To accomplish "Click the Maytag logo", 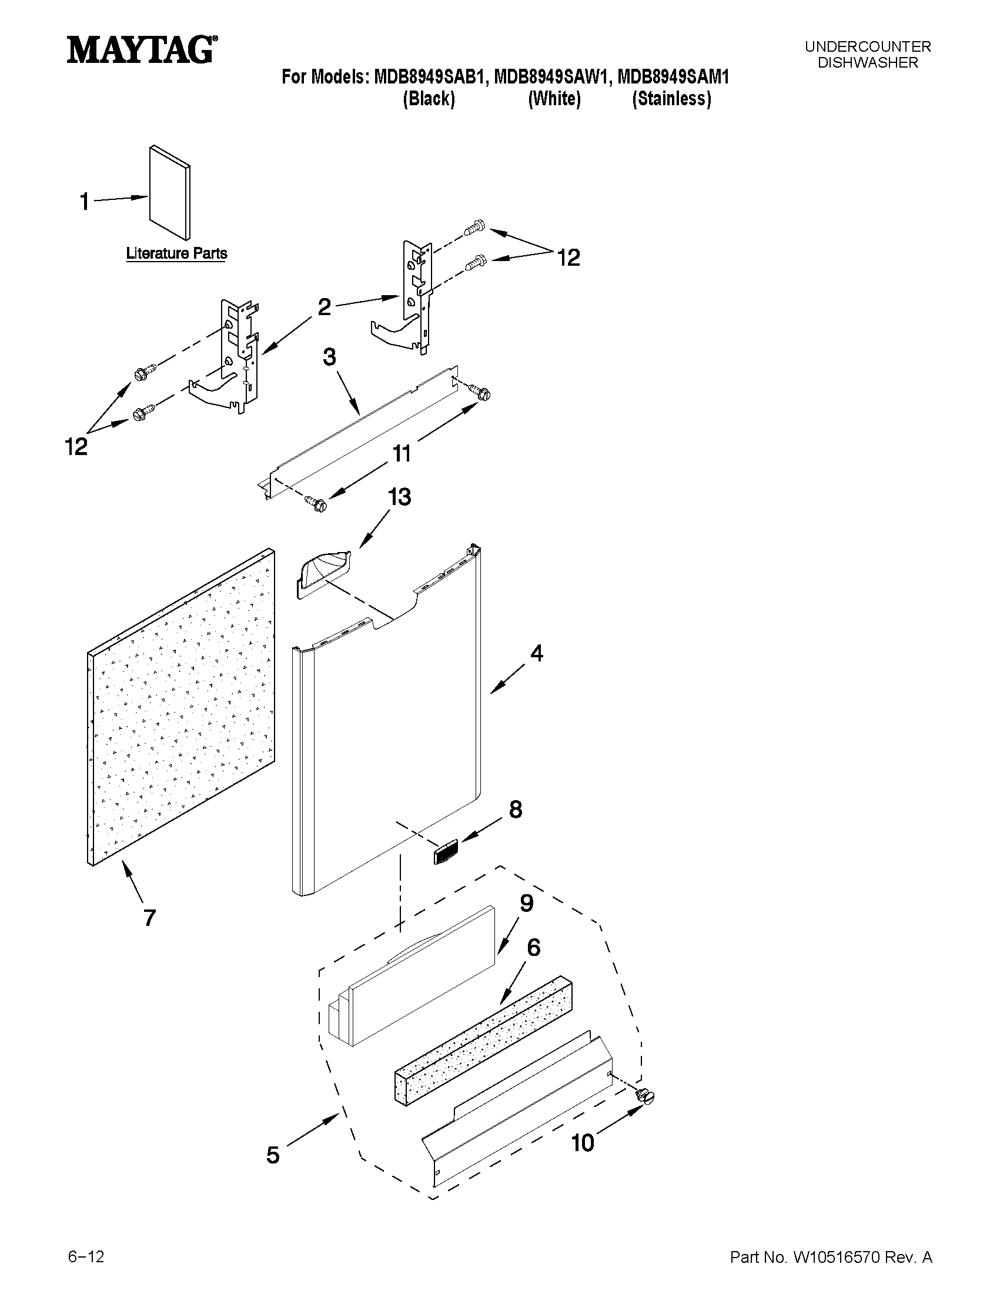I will coord(141,50).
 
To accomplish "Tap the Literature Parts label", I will coord(176,253).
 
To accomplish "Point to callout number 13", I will coord(399,497).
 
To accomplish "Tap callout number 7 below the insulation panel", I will coord(149,918).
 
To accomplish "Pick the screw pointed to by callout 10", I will coord(646,1096).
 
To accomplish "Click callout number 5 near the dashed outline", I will coord(273,1155).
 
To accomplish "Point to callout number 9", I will coord(526,904).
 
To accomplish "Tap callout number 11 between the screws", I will coord(401,454).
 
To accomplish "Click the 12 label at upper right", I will coord(567,258).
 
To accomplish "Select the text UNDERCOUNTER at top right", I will coord(868,46).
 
